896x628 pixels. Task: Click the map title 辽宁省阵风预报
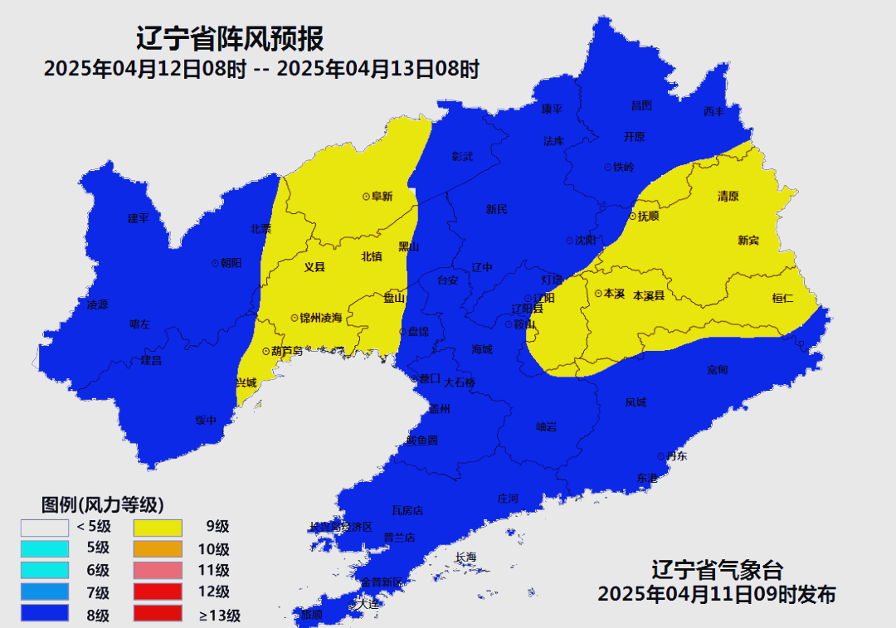[x=229, y=38]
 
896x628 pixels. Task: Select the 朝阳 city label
[x=231, y=262]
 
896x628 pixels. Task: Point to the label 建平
[x=138, y=218]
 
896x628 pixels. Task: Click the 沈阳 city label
[x=585, y=241]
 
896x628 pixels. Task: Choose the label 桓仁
[x=782, y=298]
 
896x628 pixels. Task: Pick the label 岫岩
[x=546, y=426]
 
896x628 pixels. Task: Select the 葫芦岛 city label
[x=282, y=351]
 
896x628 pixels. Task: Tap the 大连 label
[x=368, y=605]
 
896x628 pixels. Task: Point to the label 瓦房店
[x=407, y=510]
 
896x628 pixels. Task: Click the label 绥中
[x=206, y=421]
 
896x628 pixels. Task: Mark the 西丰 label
[x=713, y=111]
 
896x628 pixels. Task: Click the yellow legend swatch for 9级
[x=158, y=527]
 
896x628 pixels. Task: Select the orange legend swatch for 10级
[x=158, y=548]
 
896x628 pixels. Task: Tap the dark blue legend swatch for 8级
[x=45, y=615]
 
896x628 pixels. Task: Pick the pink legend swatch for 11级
[x=158, y=570]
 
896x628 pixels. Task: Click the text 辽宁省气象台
[x=717, y=570]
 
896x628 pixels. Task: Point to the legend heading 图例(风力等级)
[x=102, y=504]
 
